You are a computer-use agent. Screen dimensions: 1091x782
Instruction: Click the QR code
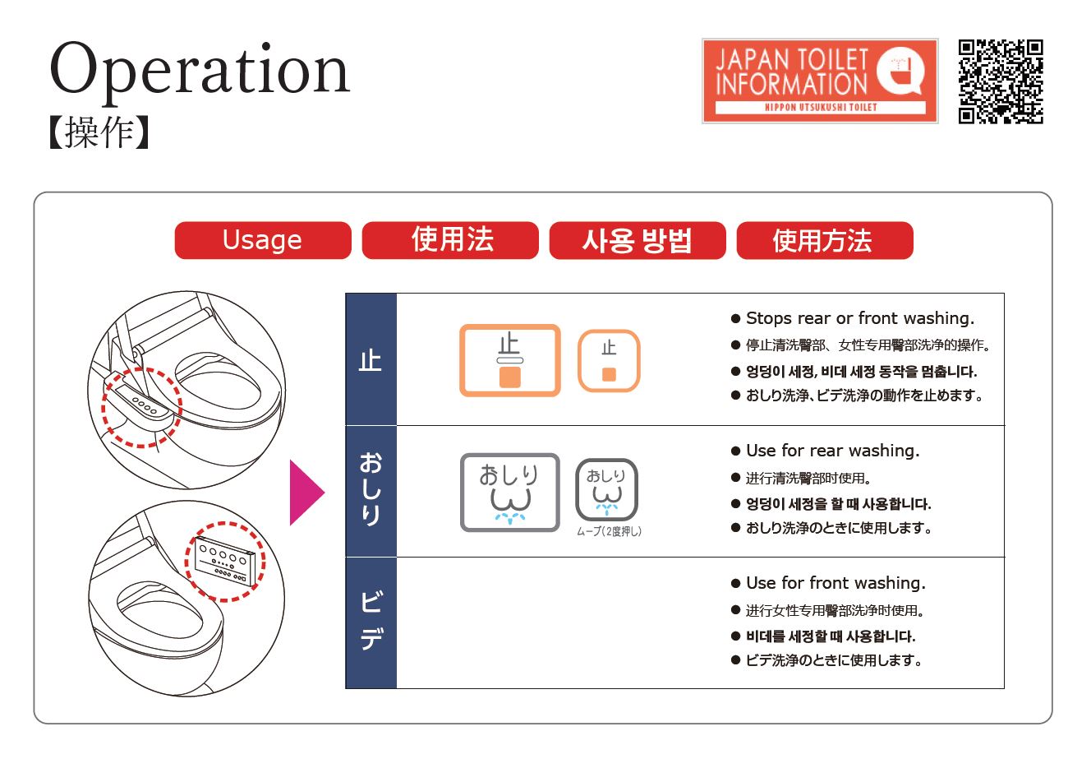pyautogui.click(x=1001, y=81)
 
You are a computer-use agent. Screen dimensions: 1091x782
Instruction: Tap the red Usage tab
pyautogui.click(x=263, y=240)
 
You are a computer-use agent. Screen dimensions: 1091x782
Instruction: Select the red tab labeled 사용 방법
pyautogui.click(x=638, y=240)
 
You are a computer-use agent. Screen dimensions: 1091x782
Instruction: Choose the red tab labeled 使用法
pyautogui.click(x=450, y=240)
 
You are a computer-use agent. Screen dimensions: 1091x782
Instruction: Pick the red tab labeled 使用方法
pyautogui.click(x=825, y=240)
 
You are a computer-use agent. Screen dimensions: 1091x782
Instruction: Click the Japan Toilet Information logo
pyautogui.click(x=820, y=81)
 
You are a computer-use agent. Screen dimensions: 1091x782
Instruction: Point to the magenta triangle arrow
pyautogui.click(x=307, y=493)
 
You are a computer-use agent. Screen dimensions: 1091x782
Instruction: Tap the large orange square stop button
pyautogui.click(x=510, y=360)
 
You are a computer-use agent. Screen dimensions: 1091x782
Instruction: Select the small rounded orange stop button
pyautogui.click(x=609, y=361)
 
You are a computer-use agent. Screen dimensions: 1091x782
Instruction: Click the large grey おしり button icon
pyautogui.click(x=510, y=493)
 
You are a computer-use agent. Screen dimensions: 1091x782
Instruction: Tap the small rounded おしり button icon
pyautogui.click(x=607, y=490)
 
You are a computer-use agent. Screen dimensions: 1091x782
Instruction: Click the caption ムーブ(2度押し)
pyautogui.click(x=609, y=531)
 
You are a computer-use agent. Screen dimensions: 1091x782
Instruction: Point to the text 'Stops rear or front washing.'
pyautogui.click(x=860, y=318)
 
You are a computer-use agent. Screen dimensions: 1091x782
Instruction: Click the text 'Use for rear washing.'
pyautogui.click(x=833, y=451)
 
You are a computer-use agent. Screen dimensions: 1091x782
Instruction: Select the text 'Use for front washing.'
pyautogui.click(x=836, y=583)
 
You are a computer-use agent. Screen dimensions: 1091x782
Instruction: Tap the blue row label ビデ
pyautogui.click(x=371, y=622)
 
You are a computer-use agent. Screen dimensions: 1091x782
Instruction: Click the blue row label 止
pyautogui.click(x=371, y=360)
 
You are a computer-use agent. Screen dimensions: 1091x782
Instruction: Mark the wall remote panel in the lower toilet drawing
pyautogui.click(x=224, y=561)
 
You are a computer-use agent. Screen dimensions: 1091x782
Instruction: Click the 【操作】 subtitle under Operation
pyautogui.click(x=99, y=132)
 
